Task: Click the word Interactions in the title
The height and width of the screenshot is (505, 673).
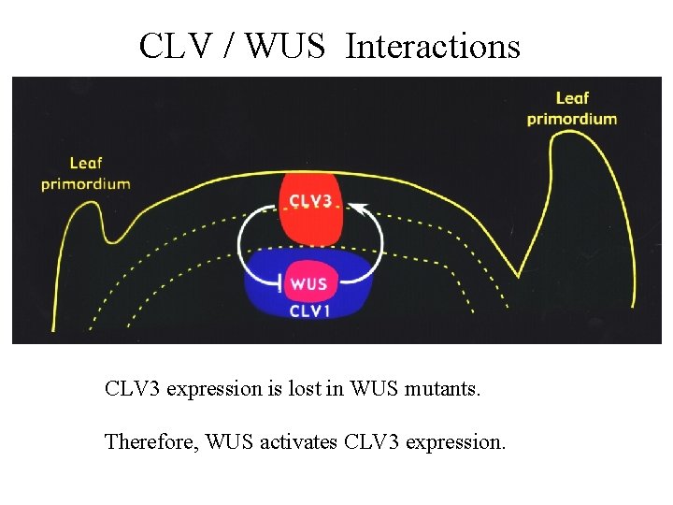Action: (433, 45)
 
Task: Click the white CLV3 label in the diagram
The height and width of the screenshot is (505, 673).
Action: (311, 201)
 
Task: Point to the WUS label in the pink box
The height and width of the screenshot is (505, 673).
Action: (309, 283)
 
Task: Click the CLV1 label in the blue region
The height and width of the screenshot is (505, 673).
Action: (309, 310)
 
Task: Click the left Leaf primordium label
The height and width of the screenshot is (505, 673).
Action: (85, 174)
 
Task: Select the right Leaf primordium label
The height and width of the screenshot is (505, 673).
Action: (572, 108)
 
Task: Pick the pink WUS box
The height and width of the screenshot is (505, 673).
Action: (308, 284)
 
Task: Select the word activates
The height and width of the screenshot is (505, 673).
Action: (296, 440)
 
